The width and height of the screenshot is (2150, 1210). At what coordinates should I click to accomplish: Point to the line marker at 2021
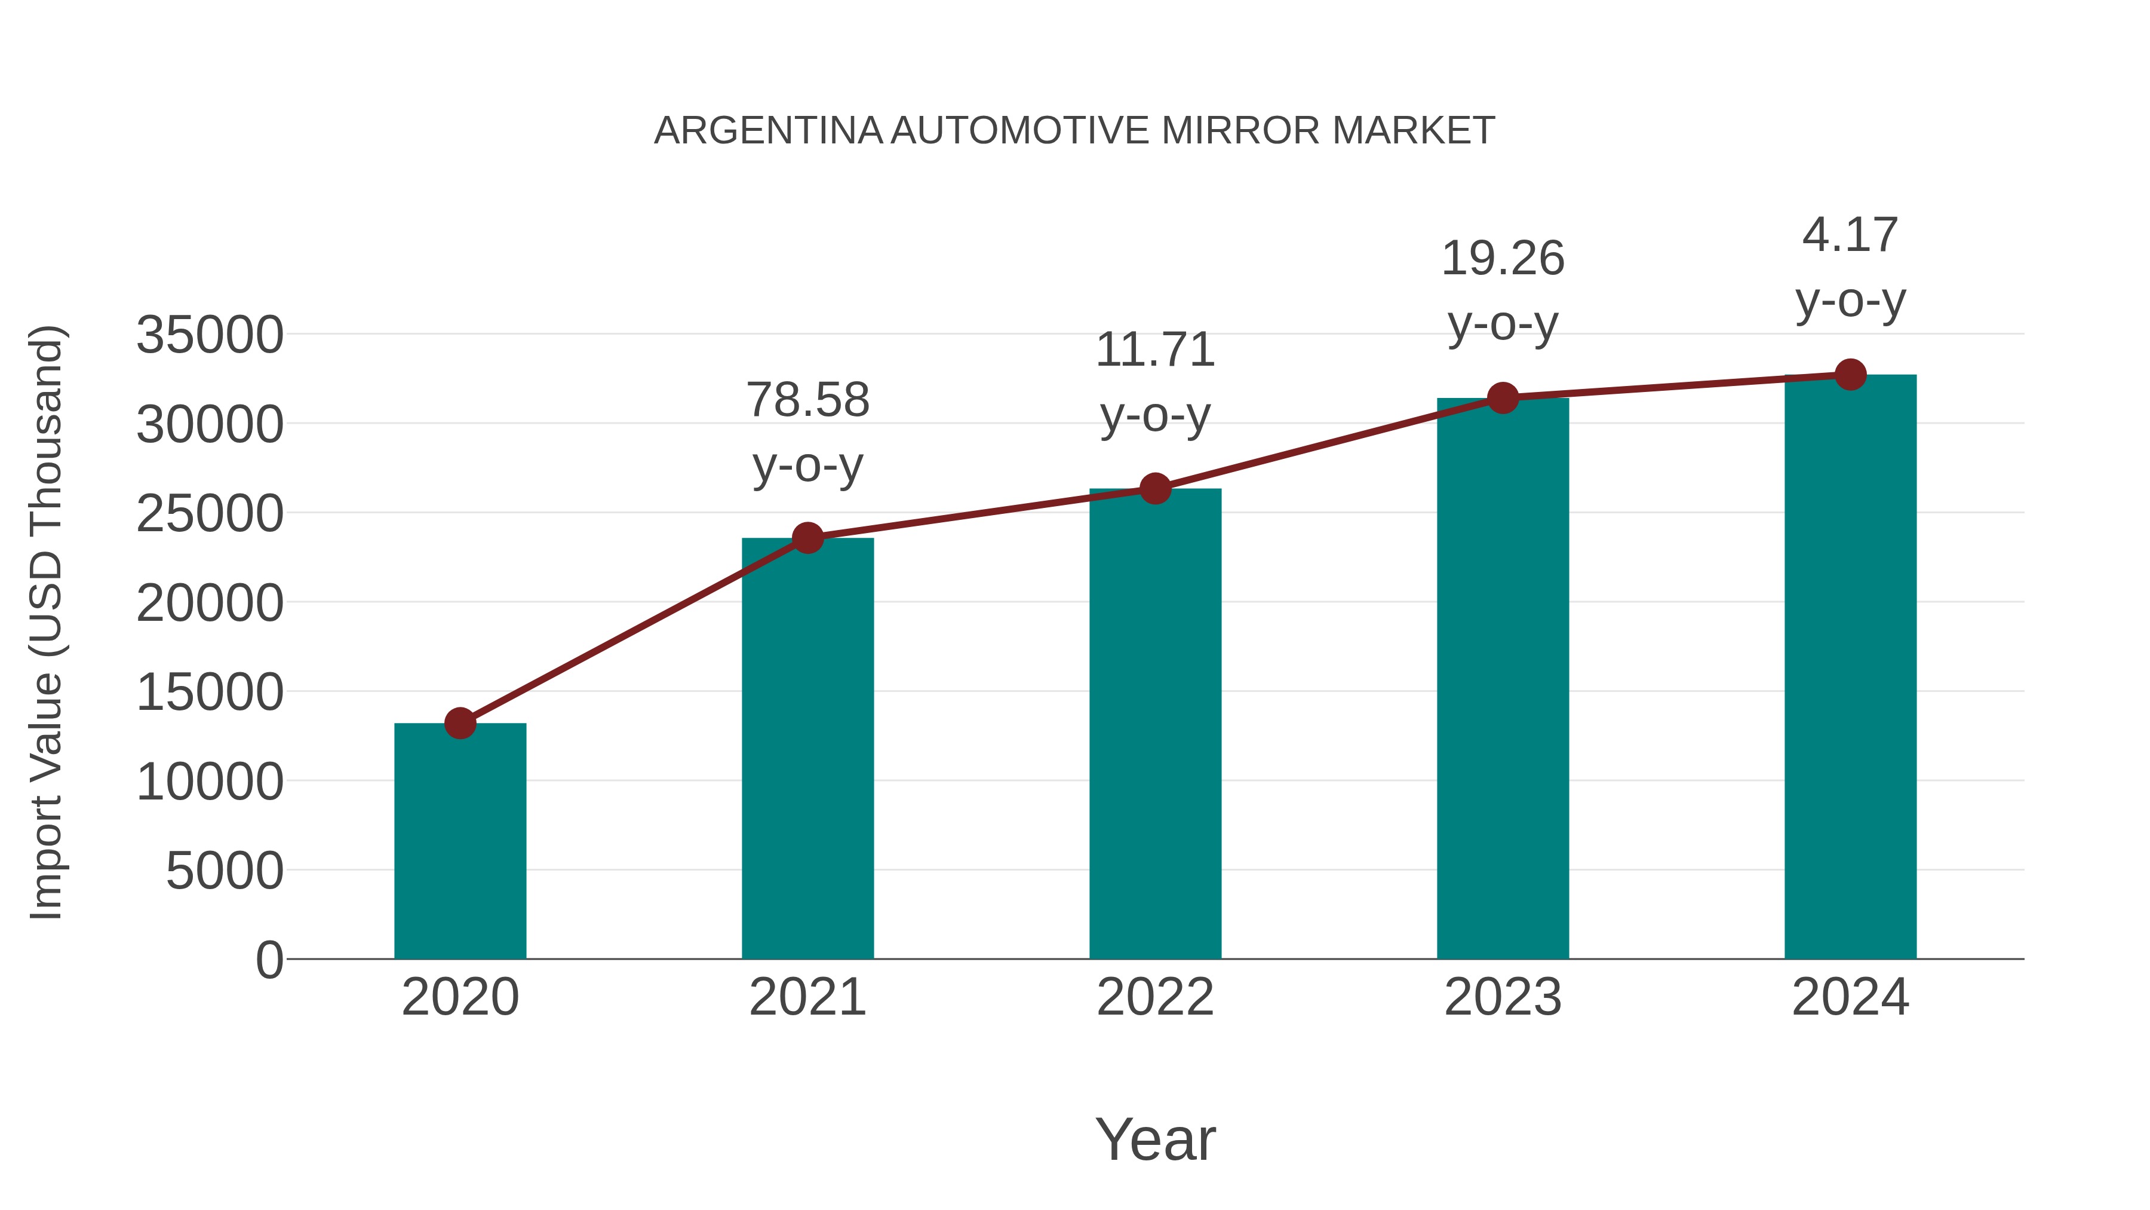coord(808,538)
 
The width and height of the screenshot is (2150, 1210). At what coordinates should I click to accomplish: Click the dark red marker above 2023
coord(1503,399)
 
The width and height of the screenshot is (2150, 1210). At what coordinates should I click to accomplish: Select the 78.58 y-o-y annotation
coord(808,432)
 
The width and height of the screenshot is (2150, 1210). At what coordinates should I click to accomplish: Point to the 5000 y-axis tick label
coord(225,871)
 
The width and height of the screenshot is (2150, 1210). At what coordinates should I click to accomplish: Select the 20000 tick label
coord(210,603)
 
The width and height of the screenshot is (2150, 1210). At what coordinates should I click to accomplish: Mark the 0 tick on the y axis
coord(269,960)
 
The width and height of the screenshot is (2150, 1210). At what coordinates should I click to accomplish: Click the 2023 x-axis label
coord(1503,997)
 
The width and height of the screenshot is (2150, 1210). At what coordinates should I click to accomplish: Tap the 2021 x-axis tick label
coord(808,997)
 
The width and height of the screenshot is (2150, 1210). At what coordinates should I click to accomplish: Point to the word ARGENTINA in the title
coord(768,130)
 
